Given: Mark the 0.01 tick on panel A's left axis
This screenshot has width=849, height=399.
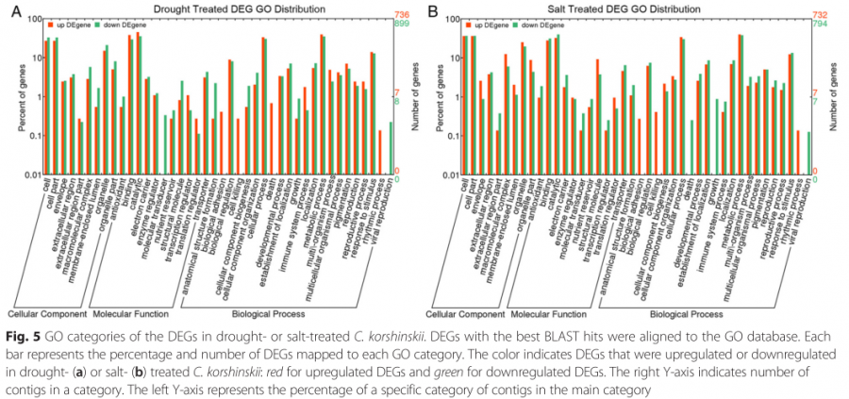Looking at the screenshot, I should pos(29,175).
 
